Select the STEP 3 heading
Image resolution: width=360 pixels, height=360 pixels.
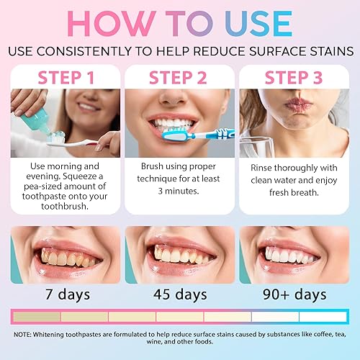[x=293, y=77]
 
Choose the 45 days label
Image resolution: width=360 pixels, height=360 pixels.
[x=179, y=294]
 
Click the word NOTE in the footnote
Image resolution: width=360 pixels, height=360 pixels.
[x=27, y=334]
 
